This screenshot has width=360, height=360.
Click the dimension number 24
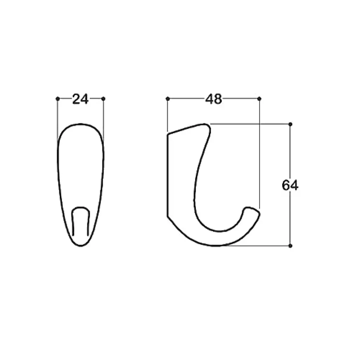coord(81,99)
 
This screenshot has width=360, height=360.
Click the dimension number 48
coord(213,99)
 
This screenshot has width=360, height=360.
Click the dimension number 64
coord(290,186)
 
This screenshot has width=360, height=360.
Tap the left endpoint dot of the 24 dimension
coord(58,99)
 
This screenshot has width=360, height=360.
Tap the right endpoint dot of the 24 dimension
coord(103,99)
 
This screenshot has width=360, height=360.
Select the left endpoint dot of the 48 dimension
coord(168,99)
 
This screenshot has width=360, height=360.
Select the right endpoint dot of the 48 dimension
coord(259,99)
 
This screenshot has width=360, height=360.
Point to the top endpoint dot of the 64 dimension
coord(290,124)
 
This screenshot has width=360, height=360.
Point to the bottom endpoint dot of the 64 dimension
coord(290,246)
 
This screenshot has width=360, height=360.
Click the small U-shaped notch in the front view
coord(81,207)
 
